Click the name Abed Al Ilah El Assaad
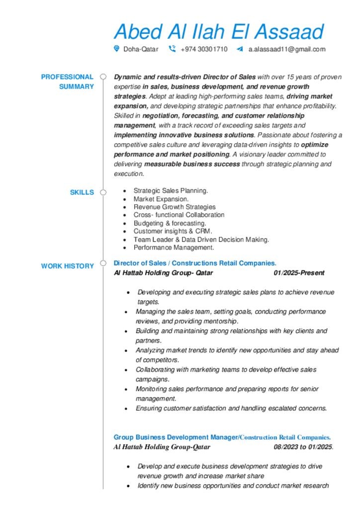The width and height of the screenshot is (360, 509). click(x=219, y=31)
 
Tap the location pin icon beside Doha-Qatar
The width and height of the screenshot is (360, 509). click(x=116, y=49)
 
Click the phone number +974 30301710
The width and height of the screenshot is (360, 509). click(x=204, y=49)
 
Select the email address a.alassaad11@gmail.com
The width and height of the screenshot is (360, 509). click(x=287, y=49)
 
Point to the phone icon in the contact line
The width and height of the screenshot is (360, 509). click(x=172, y=49)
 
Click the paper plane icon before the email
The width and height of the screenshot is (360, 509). click(x=240, y=49)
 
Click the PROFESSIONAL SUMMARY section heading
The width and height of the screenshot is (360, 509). click(x=67, y=82)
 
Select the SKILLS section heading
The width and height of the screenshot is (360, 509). click(x=82, y=192)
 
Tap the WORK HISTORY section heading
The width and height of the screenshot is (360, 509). click(x=67, y=266)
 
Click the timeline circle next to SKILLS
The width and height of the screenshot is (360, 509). click(x=103, y=192)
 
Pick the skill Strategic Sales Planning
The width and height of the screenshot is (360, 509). click(x=171, y=191)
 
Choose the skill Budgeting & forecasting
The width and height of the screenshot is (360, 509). click(x=170, y=223)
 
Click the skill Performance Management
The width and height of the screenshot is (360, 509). click(x=174, y=248)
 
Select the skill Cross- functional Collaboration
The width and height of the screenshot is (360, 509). click(x=179, y=215)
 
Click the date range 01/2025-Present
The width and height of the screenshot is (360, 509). click(x=299, y=273)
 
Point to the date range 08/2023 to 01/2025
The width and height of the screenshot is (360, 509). click(x=303, y=447)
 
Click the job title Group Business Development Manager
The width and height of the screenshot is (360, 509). click(x=176, y=437)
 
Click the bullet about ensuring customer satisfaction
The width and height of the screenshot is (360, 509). click(x=231, y=409)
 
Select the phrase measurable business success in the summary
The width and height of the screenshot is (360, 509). click(x=192, y=164)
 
